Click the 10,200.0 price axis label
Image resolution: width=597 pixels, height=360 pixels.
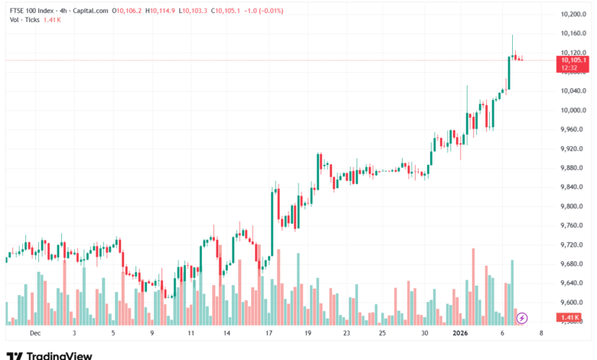pos(573,15)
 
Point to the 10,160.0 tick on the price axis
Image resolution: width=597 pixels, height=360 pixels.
pos(573,34)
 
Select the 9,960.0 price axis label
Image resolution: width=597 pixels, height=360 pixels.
pos(573,129)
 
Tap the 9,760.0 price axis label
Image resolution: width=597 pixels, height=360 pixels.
pos(573,225)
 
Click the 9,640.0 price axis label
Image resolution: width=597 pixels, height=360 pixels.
pos(573,283)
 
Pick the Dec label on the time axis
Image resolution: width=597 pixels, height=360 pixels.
pos(34,334)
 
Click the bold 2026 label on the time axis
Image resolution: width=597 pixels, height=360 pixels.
pos(460,334)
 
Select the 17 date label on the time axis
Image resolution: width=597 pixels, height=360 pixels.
pos(269,334)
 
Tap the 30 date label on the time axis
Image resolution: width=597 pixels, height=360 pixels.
pos(424,334)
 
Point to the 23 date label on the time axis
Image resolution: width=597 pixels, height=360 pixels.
pos(347,334)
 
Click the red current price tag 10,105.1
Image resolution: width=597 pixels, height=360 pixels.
pos(573,60)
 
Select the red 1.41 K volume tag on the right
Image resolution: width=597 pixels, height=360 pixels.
pos(571,317)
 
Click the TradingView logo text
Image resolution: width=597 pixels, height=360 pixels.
pos(59,355)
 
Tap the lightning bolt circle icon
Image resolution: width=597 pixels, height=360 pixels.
pos(523,317)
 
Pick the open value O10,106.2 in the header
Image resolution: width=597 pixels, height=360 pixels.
pos(128,11)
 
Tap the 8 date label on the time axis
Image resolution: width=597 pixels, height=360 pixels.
pos(541,334)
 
